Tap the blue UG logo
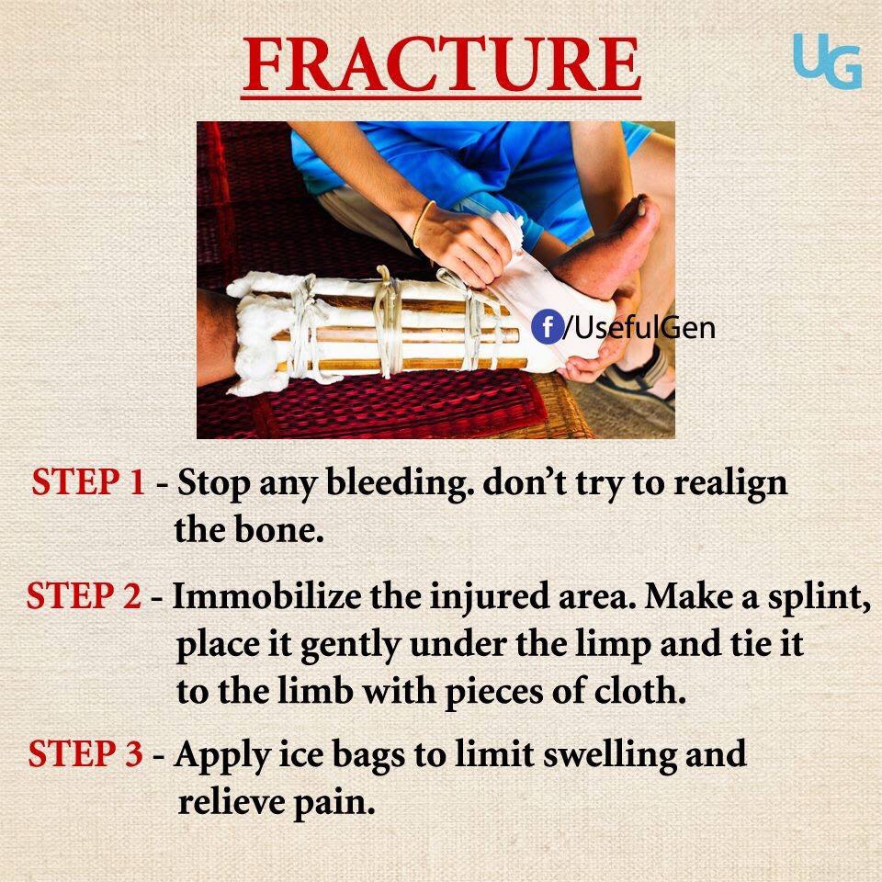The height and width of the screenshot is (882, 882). point(828,61)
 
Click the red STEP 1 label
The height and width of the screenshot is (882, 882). point(88,481)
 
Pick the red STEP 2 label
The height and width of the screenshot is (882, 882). point(84,595)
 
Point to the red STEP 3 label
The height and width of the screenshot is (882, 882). point(85,753)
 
